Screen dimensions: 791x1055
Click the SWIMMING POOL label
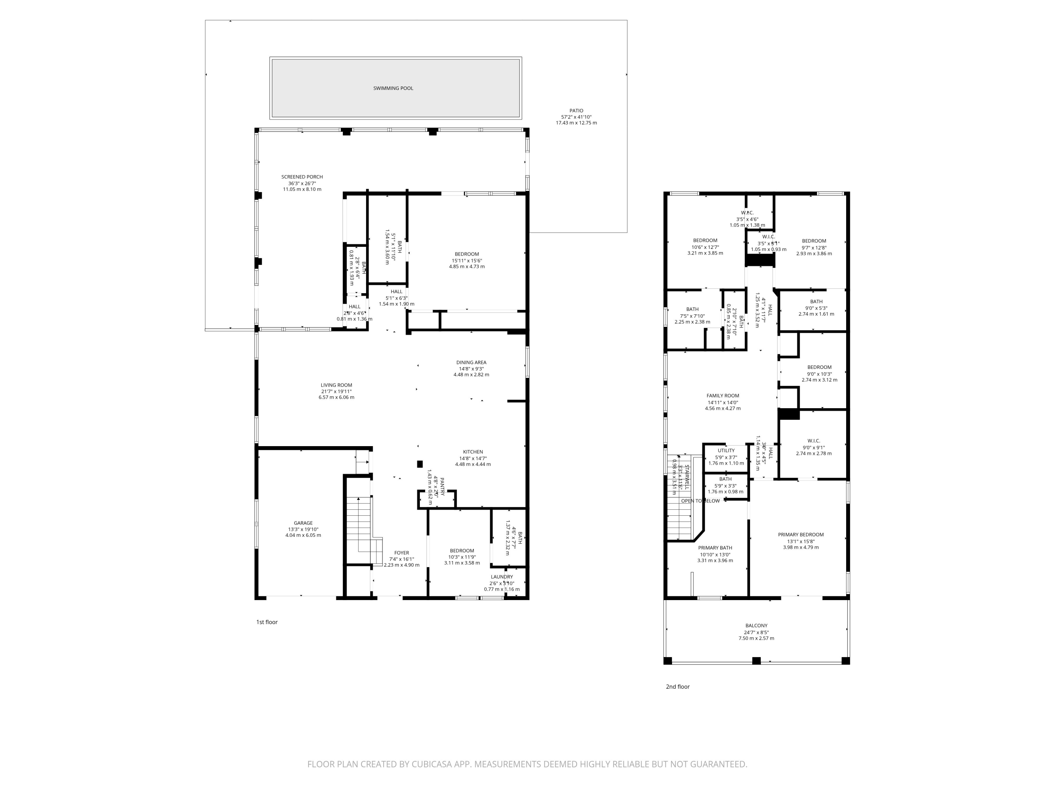click(x=393, y=88)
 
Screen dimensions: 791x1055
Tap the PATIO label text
click(x=576, y=111)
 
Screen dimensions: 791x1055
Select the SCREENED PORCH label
click(x=302, y=177)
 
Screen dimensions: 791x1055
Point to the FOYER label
click(x=402, y=553)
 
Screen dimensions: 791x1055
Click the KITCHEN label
click(x=473, y=452)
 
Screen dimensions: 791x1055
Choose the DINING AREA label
click(x=471, y=362)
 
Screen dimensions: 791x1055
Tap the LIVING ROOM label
click(x=336, y=385)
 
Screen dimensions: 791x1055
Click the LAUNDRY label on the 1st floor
click(x=502, y=577)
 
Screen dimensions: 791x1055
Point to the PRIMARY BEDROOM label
click(x=801, y=534)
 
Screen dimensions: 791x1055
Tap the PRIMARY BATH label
click(x=715, y=548)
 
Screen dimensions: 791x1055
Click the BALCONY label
click(x=756, y=625)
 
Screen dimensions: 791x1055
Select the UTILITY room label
click(x=726, y=451)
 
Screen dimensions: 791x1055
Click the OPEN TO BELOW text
click(x=700, y=501)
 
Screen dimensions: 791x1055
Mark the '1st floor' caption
click(x=267, y=622)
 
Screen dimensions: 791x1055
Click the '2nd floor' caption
click(x=678, y=687)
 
